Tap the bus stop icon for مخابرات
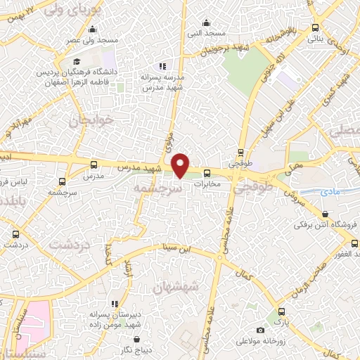coord(207,173)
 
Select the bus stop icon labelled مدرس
coord(94,164)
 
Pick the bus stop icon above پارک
coord(281,311)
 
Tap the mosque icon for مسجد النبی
coord(205,22)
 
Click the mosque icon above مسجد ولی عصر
coord(93,29)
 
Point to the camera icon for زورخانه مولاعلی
coord(261,330)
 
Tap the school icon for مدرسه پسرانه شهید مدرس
coord(163,66)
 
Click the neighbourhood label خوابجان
coord(86,121)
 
